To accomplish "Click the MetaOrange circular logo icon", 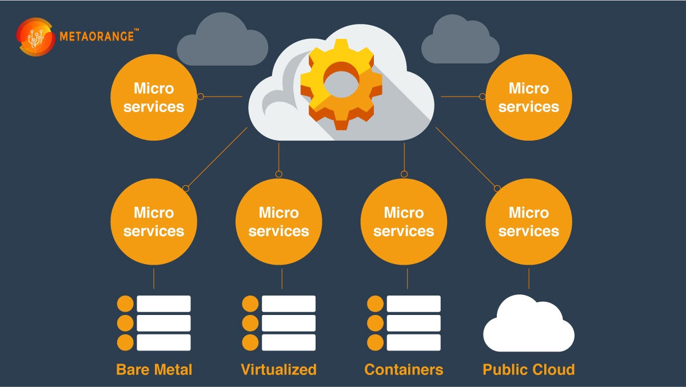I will point(35,37).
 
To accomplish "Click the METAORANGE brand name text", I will point(97,37).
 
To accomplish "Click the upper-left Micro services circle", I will point(153,97).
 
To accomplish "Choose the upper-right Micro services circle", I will point(528,97).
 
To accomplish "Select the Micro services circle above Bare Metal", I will point(153,221).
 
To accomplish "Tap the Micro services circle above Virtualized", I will point(278,221).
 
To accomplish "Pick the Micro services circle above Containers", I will point(404,221).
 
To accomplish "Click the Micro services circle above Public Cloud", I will point(528,221).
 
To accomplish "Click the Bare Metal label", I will point(154,369).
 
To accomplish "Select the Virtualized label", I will point(278,369).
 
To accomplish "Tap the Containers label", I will point(404,369).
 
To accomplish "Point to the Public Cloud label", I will point(528,369).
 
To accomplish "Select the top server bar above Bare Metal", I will point(163,304).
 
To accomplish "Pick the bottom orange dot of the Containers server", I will point(375,342).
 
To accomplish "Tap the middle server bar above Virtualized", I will point(288,323).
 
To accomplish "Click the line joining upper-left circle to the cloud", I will point(223,97).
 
